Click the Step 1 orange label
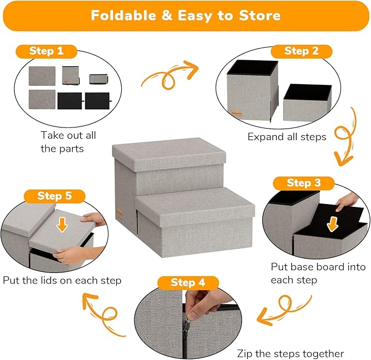coord(46,51)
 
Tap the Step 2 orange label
coord(301,51)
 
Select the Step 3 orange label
coord(304,183)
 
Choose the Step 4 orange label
coord(188,282)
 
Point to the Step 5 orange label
coord(54,195)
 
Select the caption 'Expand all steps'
coord(286,137)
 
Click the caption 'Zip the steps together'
coord(290,353)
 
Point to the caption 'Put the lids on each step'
coord(62,280)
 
